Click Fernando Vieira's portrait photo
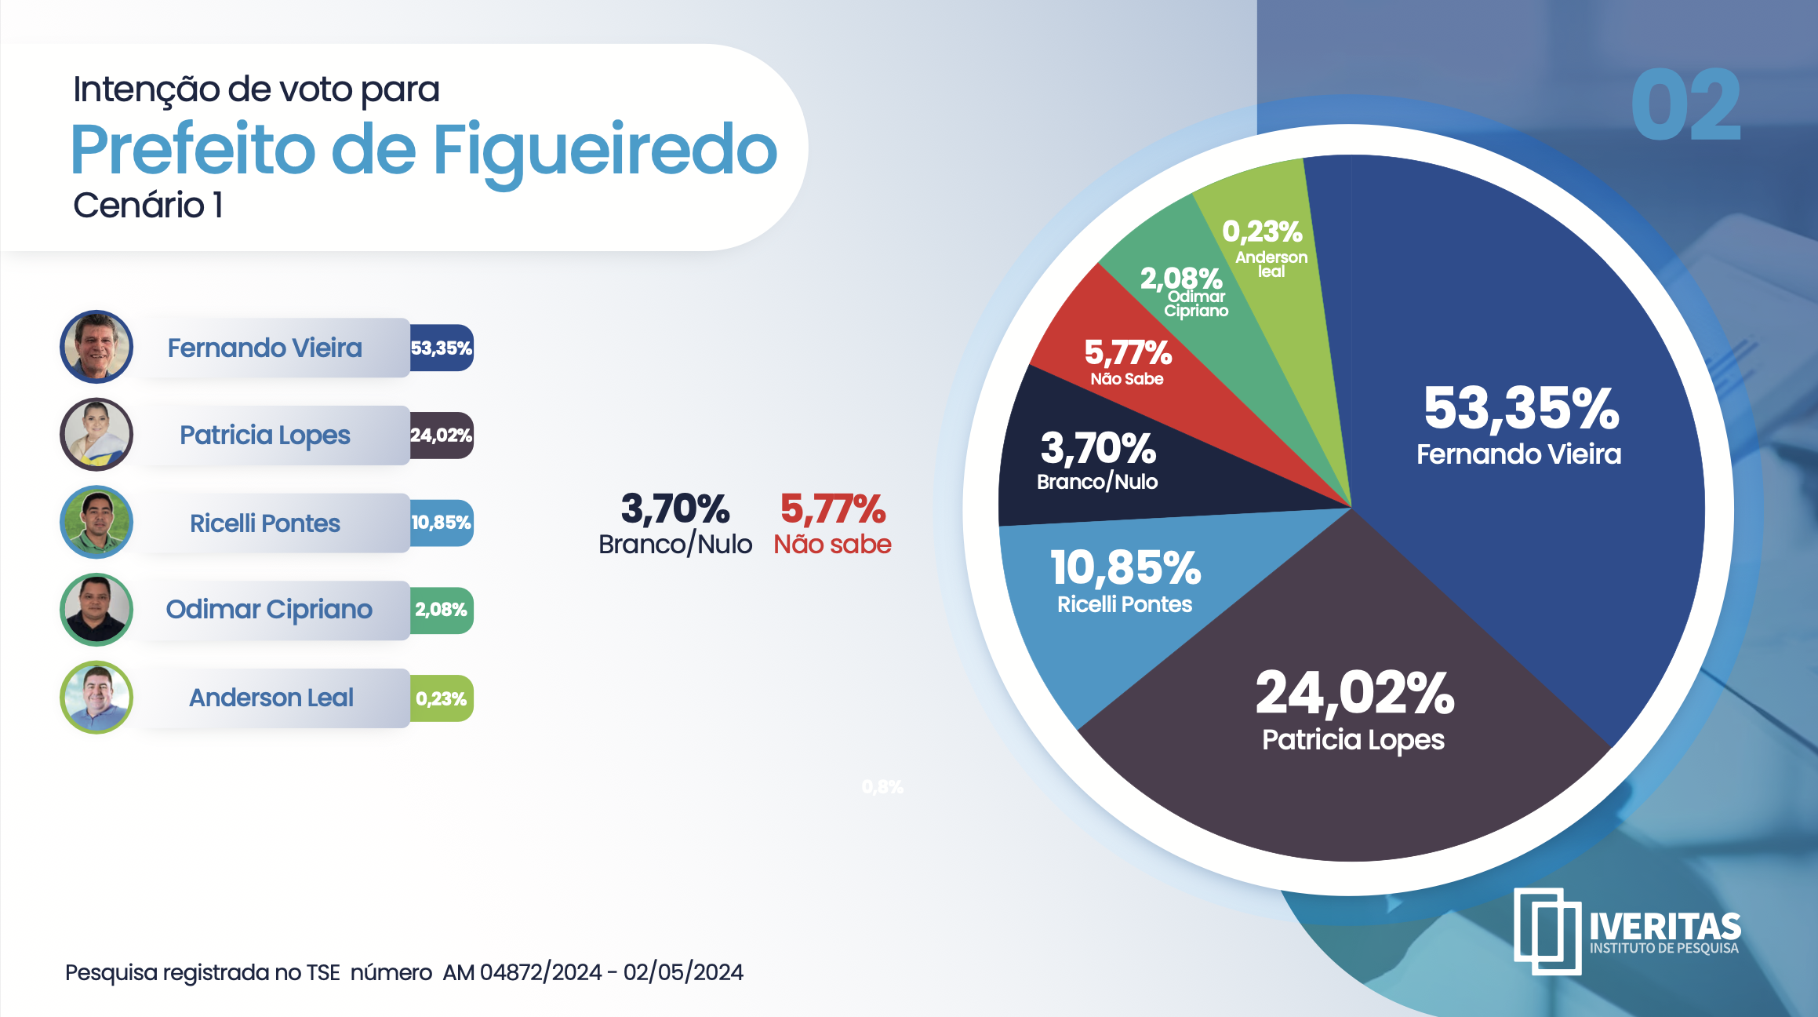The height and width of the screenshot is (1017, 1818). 96,347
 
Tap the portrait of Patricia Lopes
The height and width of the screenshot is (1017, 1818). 96,435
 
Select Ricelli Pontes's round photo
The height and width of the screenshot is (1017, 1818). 96,523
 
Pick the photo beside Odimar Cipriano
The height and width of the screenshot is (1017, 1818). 96,610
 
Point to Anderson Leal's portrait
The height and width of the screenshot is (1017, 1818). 96,698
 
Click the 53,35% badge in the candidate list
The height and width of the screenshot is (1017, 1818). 442,348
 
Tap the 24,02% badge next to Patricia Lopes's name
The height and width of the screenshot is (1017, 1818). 442,436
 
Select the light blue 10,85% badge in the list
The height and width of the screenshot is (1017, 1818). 442,523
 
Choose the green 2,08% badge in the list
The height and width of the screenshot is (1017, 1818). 442,610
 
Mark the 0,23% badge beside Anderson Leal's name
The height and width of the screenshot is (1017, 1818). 442,698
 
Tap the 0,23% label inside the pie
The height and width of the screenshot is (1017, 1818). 1262,231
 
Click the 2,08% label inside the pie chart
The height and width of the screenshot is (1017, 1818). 1181,279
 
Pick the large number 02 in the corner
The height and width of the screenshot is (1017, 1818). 1685,105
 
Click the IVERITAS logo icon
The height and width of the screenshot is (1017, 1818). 1547,931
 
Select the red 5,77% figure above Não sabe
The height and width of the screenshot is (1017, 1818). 833,508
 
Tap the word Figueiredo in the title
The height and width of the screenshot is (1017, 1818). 605,150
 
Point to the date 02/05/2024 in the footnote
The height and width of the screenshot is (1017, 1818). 683,972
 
